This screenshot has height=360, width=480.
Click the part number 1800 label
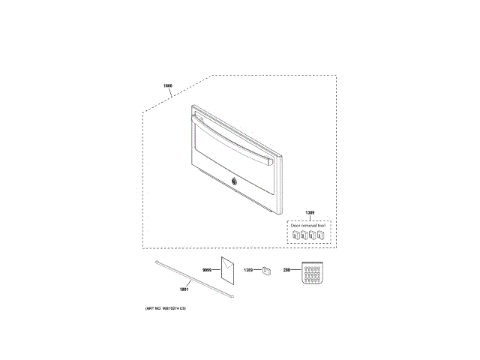click(x=168, y=86)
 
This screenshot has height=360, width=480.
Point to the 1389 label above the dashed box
click(x=310, y=213)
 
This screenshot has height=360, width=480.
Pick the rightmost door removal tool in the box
click(x=322, y=235)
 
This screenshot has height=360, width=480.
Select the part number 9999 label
click(x=208, y=268)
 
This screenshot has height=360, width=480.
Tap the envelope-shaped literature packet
click(x=227, y=271)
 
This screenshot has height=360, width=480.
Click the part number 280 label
click(x=286, y=268)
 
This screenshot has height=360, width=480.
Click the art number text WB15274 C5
click(x=165, y=309)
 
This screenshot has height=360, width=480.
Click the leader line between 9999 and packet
click(x=216, y=268)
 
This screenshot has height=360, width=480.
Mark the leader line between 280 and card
click(x=295, y=268)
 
